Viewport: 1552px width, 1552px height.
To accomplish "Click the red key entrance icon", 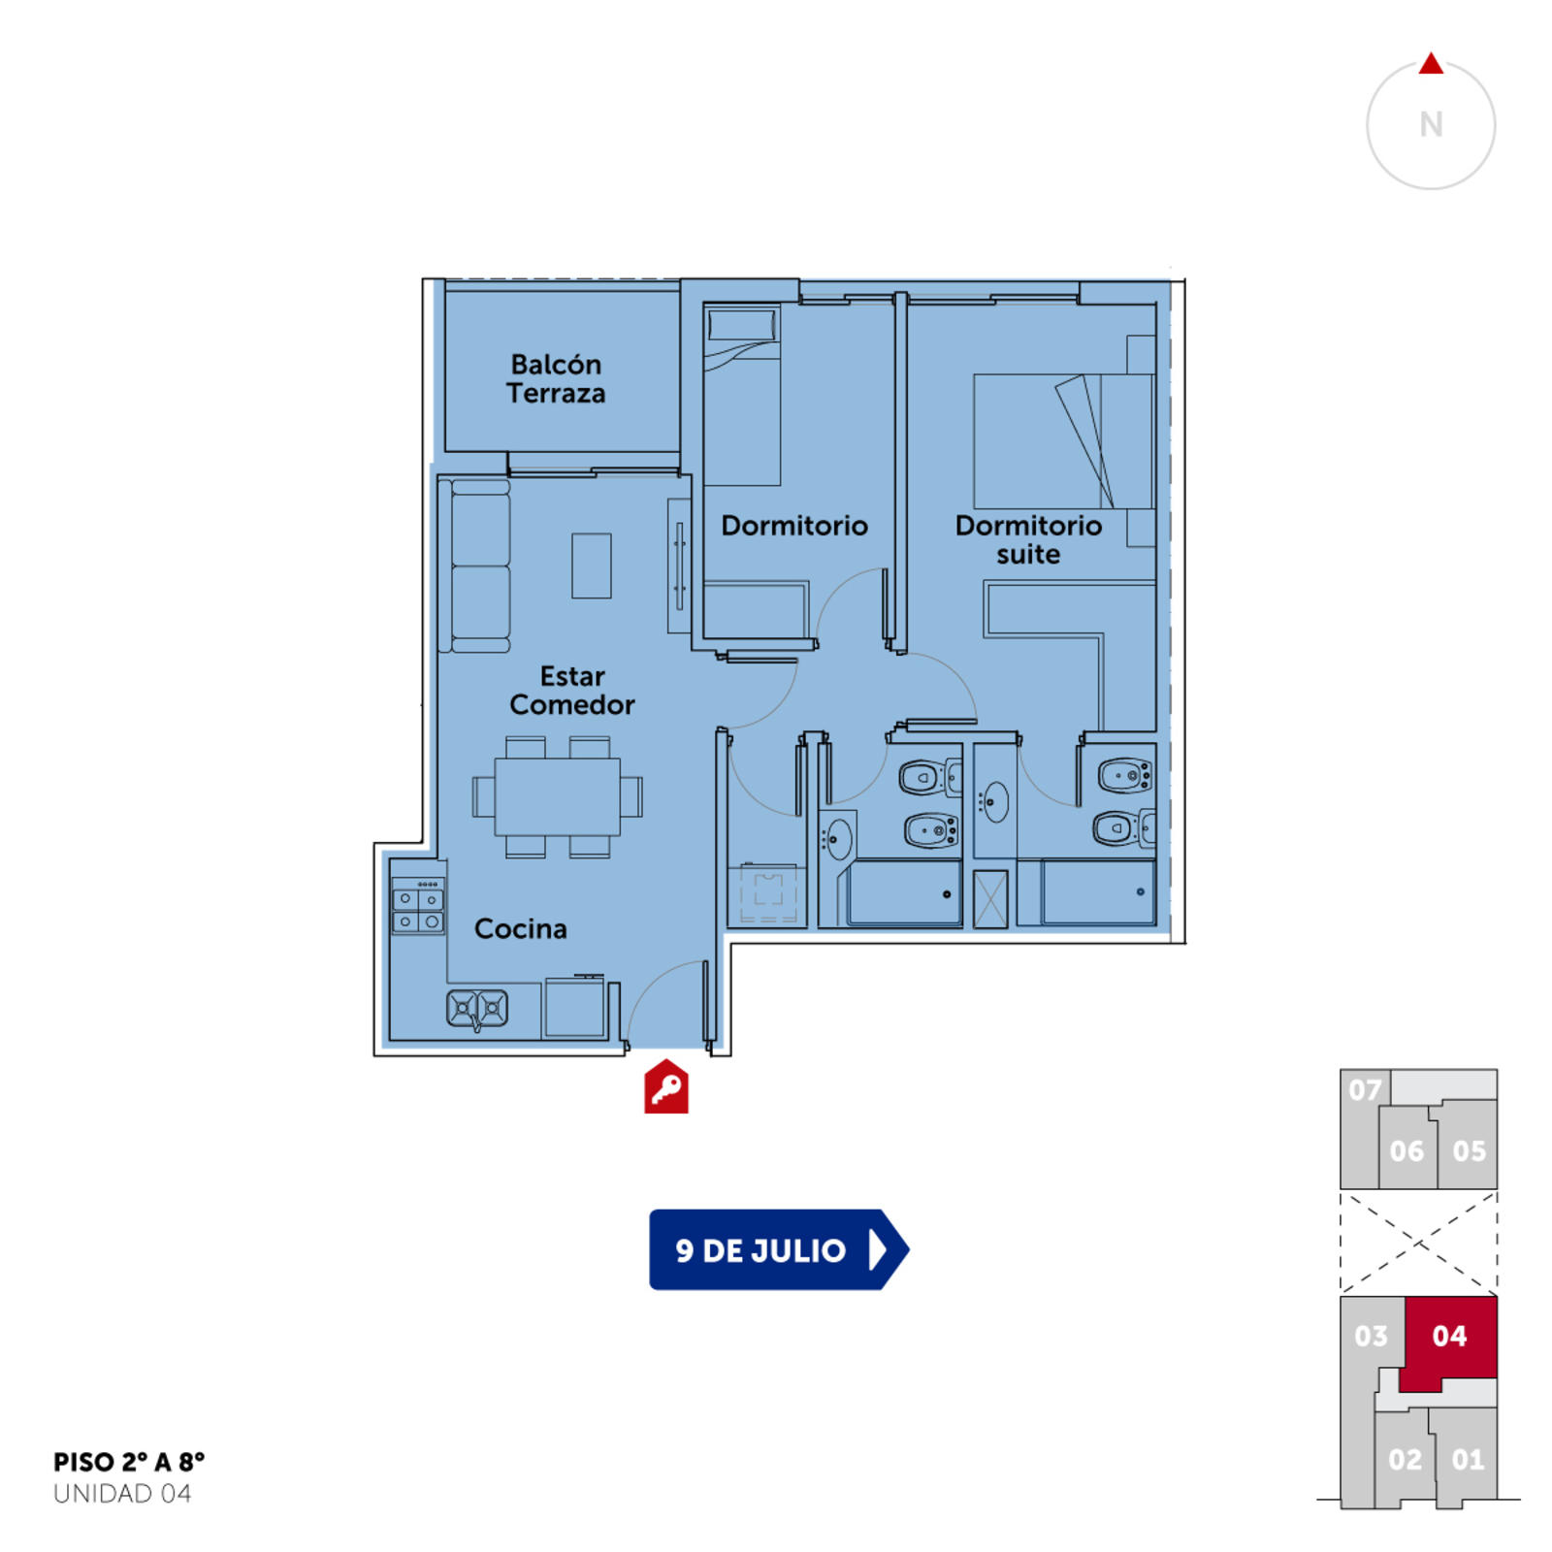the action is point(666,1087).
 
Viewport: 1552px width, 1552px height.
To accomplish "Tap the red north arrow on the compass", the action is point(1431,64).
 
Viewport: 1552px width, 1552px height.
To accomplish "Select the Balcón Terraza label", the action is point(556,378).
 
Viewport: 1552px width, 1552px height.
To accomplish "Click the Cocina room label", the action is point(520,928).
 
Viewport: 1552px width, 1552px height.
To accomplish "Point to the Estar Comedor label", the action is point(572,690).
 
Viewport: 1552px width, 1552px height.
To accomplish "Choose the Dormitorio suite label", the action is point(1028,539).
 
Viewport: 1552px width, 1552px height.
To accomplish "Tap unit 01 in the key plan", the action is point(1468,1459).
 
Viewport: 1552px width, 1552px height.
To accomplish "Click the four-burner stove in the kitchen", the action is point(418,906).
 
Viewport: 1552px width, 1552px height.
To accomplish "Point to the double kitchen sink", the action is point(477,1009).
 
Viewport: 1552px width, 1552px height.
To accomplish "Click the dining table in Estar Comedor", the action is point(558,796).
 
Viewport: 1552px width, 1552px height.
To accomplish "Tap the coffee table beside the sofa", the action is point(592,566).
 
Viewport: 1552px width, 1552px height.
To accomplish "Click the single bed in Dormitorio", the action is point(742,396).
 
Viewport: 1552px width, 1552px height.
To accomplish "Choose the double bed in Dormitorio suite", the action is point(1064,441).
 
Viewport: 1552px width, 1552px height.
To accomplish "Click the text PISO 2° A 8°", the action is point(129,1462).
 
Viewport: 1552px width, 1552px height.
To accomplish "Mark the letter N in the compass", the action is point(1431,124).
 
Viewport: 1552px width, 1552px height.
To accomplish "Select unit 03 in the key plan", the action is point(1372,1337).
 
